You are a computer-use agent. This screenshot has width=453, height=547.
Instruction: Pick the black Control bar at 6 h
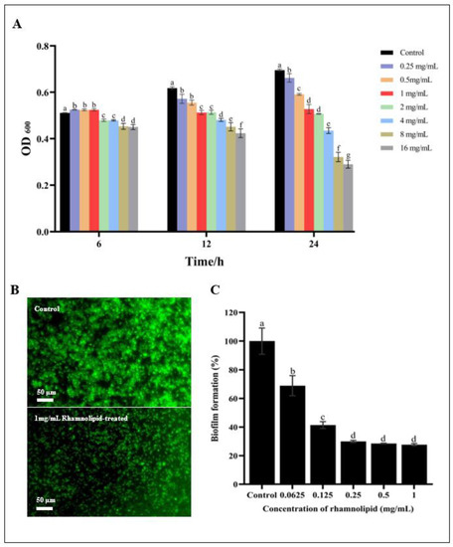pos(65,172)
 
